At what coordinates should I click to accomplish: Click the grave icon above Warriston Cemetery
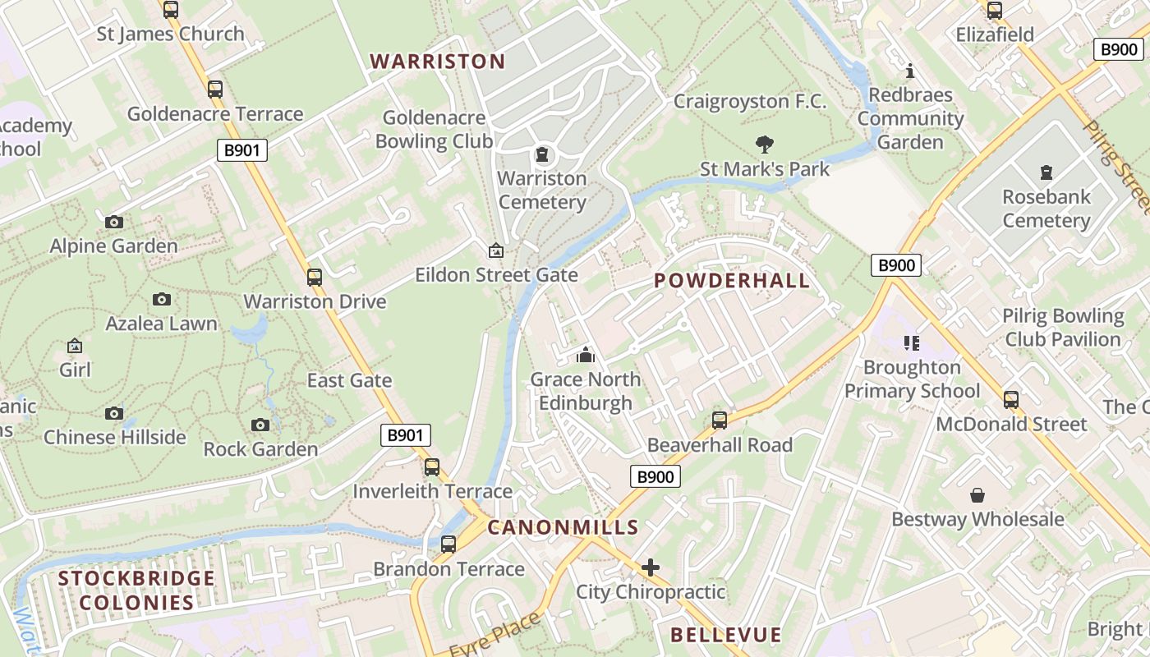(x=542, y=154)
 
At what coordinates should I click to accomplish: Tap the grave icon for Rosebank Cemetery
(x=1046, y=172)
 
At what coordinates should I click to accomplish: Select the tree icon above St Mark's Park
(x=765, y=145)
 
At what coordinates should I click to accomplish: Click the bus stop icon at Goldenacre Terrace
(x=215, y=90)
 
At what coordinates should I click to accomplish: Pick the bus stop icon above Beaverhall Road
(x=720, y=420)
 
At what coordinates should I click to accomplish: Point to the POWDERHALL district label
(x=732, y=281)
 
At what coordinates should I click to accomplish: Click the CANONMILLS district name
(x=563, y=527)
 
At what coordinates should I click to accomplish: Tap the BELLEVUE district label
(x=725, y=635)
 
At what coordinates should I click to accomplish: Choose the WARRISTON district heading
(x=437, y=62)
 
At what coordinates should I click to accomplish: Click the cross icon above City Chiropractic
(x=651, y=567)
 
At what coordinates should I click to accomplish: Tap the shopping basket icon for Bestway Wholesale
(x=977, y=495)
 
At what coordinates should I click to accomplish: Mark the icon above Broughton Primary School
(x=912, y=342)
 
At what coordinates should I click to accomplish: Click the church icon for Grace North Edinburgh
(x=585, y=355)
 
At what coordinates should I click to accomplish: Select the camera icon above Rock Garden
(x=260, y=425)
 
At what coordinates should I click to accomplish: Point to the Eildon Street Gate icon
(x=496, y=250)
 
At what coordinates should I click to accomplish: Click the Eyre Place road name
(x=495, y=635)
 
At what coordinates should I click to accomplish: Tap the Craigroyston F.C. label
(x=750, y=101)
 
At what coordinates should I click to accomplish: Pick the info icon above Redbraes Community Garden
(x=909, y=71)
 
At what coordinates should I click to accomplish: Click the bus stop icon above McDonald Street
(x=1011, y=400)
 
